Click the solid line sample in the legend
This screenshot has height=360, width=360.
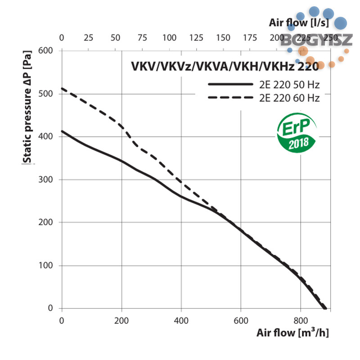231,84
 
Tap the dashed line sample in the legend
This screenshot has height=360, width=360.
231,98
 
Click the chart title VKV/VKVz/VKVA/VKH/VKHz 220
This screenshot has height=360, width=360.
225,66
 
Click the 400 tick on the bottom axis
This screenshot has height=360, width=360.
181,321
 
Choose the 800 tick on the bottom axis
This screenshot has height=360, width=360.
301,321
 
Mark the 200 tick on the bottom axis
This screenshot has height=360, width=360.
121,321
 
